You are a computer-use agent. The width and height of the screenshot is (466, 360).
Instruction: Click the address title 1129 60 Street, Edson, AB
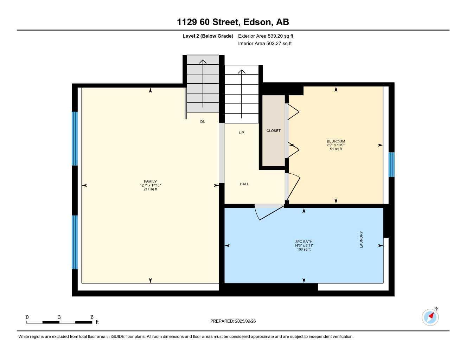[x=233, y=22]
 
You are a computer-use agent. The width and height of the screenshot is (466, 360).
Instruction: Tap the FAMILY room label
[x=150, y=181]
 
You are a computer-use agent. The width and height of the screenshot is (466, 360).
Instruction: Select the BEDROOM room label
[x=336, y=141]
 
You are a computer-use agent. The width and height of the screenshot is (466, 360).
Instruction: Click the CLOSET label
[x=273, y=131]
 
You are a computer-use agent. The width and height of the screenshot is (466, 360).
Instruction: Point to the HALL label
[x=244, y=184]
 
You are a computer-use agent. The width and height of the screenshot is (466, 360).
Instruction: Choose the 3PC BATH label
[x=304, y=242]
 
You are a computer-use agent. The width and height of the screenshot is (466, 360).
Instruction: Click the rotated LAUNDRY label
[x=361, y=239]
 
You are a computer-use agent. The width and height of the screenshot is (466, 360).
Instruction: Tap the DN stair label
[x=203, y=122]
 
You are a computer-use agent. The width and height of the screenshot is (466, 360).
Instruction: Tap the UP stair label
[x=241, y=133]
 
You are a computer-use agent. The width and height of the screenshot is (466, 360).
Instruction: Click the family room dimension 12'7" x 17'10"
[x=150, y=185]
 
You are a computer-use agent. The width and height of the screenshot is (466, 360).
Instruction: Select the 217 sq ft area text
[x=150, y=189]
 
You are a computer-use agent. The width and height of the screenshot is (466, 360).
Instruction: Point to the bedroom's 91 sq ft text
[x=336, y=149]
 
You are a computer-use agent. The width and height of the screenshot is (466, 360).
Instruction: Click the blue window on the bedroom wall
[x=391, y=164]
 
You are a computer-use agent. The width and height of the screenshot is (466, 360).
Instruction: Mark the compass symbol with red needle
[x=430, y=317]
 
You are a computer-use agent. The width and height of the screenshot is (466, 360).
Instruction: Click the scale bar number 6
[x=92, y=317]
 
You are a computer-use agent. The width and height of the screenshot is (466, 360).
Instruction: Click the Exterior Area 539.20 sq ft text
[x=266, y=36]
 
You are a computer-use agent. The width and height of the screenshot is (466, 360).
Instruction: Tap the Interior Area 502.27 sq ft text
[x=265, y=44]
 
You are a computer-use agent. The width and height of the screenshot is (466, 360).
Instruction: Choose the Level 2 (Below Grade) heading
[x=208, y=36]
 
